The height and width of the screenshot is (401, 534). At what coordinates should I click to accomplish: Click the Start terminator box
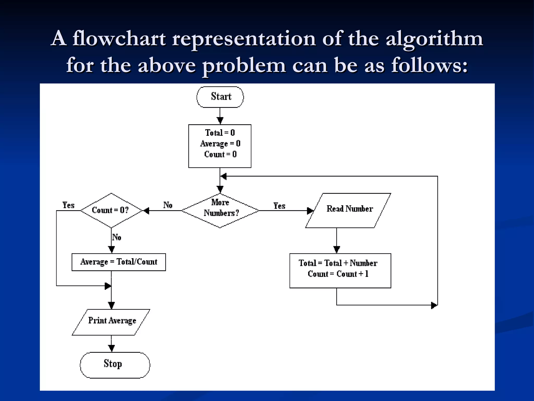click(x=220, y=97)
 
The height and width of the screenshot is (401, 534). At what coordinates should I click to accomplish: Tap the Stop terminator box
click(x=115, y=365)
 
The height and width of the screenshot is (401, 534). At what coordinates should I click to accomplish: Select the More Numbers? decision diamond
click(x=220, y=210)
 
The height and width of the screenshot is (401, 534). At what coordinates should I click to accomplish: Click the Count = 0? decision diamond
click(x=111, y=210)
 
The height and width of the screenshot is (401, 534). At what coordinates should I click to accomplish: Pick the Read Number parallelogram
click(x=348, y=210)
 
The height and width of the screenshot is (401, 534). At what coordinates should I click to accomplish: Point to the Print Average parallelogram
click(x=111, y=322)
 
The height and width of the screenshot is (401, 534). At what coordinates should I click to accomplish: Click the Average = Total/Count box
click(x=119, y=262)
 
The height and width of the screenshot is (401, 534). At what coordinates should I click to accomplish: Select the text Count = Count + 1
click(x=338, y=274)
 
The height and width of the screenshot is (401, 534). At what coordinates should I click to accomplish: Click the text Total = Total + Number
click(x=338, y=263)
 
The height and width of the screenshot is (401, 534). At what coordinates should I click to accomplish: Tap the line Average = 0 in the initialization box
click(x=220, y=143)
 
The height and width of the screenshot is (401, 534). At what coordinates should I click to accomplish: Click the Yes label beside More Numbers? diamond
click(x=279, y=206)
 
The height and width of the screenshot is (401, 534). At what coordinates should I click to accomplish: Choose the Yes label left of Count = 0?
click(x=68, y=205)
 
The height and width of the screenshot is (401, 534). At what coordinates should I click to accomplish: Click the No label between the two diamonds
click(x=168, y=205)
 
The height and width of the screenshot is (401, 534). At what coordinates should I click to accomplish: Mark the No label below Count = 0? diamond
click(x=117, y=237)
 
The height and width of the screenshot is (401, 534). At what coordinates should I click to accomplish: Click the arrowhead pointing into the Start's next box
click(x=220, y=121)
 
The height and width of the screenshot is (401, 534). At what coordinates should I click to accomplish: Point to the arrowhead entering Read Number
click(x=310, y=210)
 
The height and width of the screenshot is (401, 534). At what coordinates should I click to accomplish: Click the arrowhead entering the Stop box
click(x=111, y=348)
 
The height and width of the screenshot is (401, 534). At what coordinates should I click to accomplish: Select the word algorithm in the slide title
click(x=434, y=39)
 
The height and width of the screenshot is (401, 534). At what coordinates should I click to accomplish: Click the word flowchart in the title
click(x=119, y=39)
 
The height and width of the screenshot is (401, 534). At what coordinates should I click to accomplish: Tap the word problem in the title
click(x=244, y=65)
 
